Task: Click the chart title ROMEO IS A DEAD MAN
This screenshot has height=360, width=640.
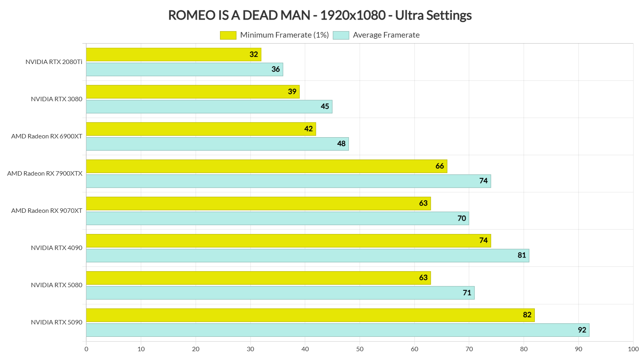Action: [320, 15]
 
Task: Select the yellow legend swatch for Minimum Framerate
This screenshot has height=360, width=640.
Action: [228, 35]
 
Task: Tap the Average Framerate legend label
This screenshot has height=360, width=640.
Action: [386, 35]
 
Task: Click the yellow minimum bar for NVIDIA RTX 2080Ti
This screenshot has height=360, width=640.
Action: [174, 54]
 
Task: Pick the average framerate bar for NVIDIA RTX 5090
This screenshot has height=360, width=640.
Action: [338, 330]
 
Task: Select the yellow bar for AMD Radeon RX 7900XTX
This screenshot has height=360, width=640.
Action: [266, 166]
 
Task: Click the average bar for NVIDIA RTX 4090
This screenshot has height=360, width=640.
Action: [307, 256]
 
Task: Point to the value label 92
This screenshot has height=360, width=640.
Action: [582, 330]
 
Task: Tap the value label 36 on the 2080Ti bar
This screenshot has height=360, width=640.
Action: [276, 69]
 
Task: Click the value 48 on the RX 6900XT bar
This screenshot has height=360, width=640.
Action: [341, 144]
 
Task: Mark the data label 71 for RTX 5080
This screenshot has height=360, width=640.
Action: [467, 293]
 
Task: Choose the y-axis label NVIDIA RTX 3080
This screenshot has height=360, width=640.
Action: [56, 99]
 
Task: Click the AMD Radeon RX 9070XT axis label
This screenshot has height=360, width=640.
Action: [46, 211]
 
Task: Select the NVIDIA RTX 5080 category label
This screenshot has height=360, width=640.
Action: [56, 285]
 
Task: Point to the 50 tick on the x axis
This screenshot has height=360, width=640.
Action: [360, 349]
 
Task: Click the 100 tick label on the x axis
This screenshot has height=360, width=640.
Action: [633, 349]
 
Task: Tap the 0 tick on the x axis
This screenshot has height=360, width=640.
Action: [86, 349]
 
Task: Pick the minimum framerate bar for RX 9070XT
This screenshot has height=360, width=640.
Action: [258, 203]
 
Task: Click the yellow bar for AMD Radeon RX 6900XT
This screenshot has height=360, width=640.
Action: [201, 129]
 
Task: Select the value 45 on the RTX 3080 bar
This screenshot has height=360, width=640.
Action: [325, 106]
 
